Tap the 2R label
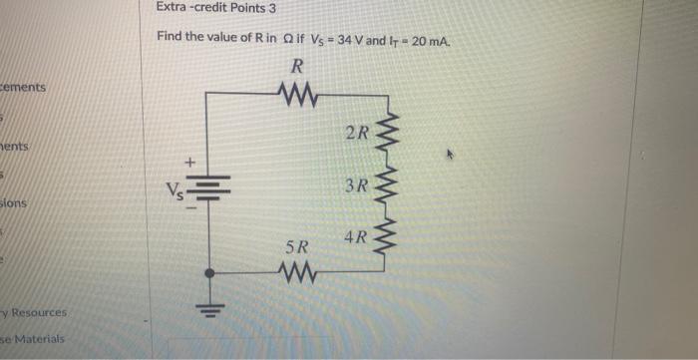click(357, 134)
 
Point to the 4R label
click(355, 238)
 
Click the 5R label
click(297, 245)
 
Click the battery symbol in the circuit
click(207, 186)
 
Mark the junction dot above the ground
click(207, 272)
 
